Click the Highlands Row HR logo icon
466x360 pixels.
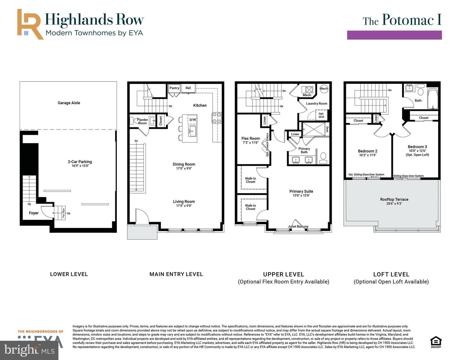(30, 24)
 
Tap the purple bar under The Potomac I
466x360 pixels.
(394, 35)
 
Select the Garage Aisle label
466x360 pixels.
(69, 103)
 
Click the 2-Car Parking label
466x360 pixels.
(80, 162)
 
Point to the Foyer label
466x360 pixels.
(34, 213)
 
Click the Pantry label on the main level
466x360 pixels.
(174, 88)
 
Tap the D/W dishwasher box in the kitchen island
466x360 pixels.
(193, 120)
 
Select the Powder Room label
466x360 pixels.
(142, 121)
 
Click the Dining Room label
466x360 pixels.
(184, 164)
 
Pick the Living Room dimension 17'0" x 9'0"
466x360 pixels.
(184, 206)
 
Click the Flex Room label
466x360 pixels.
(250, 139)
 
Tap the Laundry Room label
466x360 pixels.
(316, 104)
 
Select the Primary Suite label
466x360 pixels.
(301, 191)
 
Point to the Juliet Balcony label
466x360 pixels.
(298, 227)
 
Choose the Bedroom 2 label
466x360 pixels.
(368, 151)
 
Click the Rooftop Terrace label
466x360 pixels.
(394, 199)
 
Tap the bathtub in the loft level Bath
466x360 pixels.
(432, 98)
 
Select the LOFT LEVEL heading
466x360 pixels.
(391, 274)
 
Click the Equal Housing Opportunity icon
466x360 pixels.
(436, 342)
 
